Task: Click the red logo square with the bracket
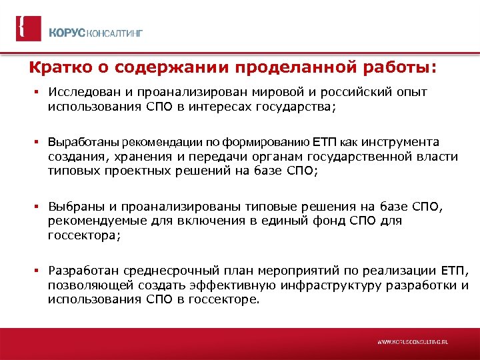pos(28,28)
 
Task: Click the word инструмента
pos(399,142)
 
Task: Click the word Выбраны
pos(71,207)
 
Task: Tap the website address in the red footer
pos(413,341)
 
